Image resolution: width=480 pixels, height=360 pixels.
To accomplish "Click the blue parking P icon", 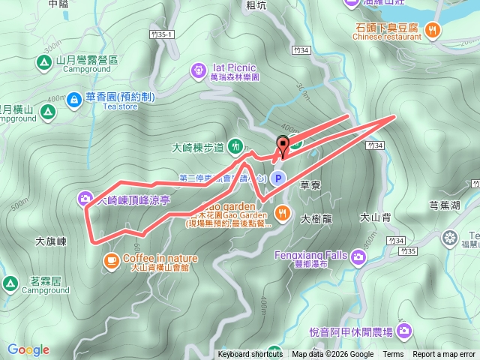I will (278, 178).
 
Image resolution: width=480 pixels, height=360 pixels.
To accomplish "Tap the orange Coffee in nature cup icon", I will (111, 259).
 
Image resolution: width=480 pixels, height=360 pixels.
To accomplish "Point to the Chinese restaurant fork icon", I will (433, 30).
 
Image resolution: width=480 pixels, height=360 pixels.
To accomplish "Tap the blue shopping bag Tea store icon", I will (73, 98).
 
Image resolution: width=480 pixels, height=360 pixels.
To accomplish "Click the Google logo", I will (28, 349).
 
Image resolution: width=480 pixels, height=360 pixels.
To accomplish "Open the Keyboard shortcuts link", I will (250, 355).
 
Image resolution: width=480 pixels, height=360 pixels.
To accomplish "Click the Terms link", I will (393, 355).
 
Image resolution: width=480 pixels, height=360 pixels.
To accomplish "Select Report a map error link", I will (444, 355).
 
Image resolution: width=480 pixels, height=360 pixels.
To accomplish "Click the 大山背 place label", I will (376, 217).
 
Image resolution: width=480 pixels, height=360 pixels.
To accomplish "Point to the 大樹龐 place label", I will (316, 219).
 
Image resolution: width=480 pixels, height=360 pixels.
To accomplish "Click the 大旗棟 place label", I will (51, 242).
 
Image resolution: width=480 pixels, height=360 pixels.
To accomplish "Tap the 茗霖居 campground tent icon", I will (10, 283).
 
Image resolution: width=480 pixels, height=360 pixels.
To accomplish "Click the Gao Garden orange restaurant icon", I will (282, 212).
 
